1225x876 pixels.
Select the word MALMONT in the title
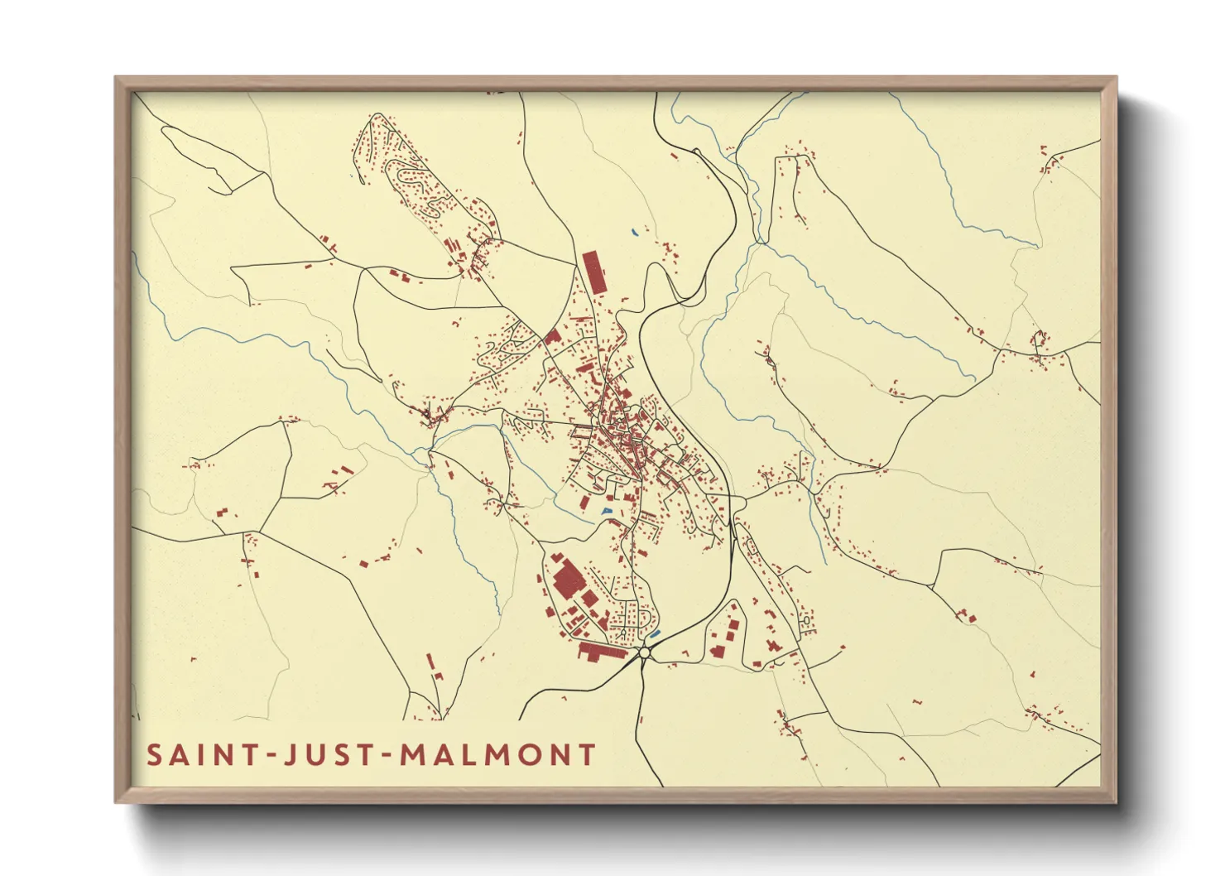(497, 755)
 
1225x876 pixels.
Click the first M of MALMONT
(411, 755)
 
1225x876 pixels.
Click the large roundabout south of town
(645, 654)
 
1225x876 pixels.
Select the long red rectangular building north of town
(593, 272)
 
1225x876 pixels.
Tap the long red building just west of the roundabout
(602, 652)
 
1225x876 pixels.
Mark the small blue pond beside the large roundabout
(656, 634)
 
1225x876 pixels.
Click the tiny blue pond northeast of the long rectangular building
(634, 233)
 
